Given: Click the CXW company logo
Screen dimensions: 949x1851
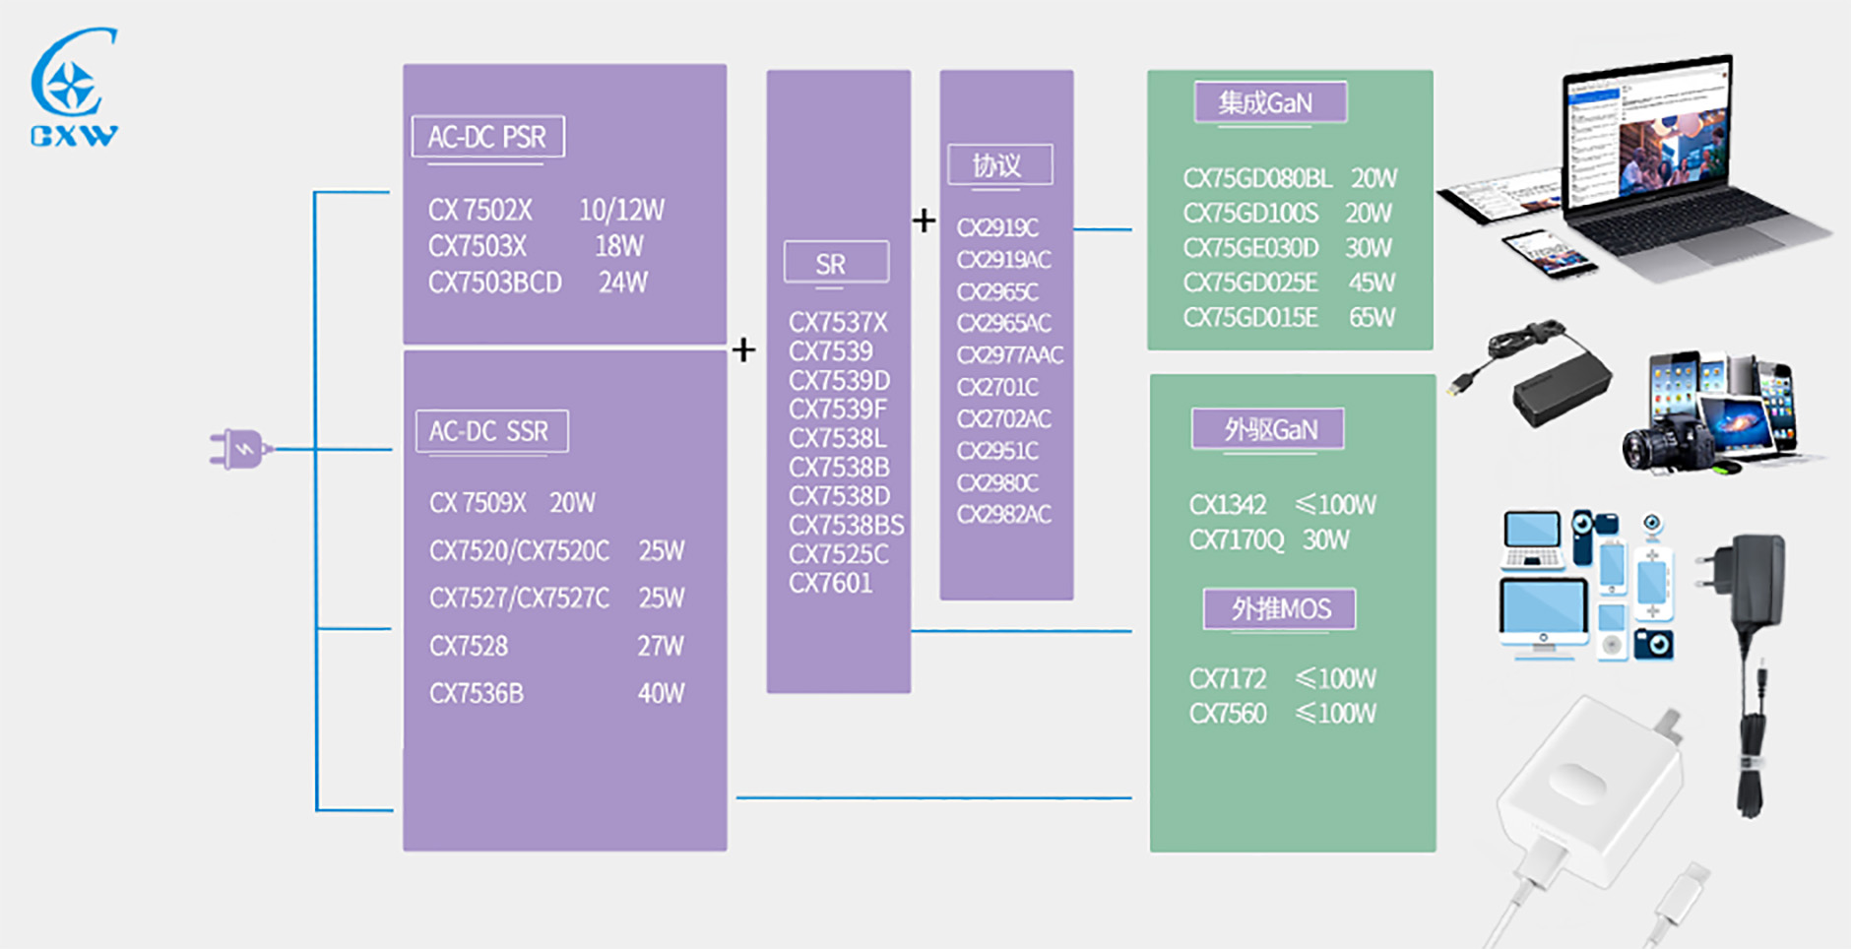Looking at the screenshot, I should [x=74, y=89].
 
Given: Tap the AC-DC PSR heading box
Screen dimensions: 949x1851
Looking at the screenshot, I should [x=487, y=137].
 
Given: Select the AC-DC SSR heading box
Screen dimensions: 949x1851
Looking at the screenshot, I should [x=491, y=431].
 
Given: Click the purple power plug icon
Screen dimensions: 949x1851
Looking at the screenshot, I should [x=238, y=449].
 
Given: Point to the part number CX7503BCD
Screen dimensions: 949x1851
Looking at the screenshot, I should [x=494, y=283].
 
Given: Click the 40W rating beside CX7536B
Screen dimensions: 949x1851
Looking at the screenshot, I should [x=661, y=693].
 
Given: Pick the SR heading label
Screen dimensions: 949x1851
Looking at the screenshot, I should [x=835, y=263].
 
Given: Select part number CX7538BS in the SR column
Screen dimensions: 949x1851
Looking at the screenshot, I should [x=846, y=525].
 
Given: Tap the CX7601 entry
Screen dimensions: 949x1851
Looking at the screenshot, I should [x=830, y=583].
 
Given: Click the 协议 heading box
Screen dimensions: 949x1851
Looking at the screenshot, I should [x=998, y=164].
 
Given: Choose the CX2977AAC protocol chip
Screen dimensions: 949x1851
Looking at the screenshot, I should [x=1010, y=354].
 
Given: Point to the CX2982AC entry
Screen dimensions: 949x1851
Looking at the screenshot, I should [x=1004, y=514].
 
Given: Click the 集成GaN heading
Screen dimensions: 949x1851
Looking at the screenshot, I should [x=1269, y=102].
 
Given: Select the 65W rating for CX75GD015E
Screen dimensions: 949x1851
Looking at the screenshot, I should [x=1372, y=317].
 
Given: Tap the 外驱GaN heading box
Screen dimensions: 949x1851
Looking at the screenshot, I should [x=1268, y=429].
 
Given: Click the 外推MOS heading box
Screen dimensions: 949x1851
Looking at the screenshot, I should [x=1279, y=608].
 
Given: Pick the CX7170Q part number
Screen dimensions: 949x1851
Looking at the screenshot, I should [x=1237, y=539].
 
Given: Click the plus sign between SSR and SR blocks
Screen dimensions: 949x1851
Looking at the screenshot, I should [x=744, y=349].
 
